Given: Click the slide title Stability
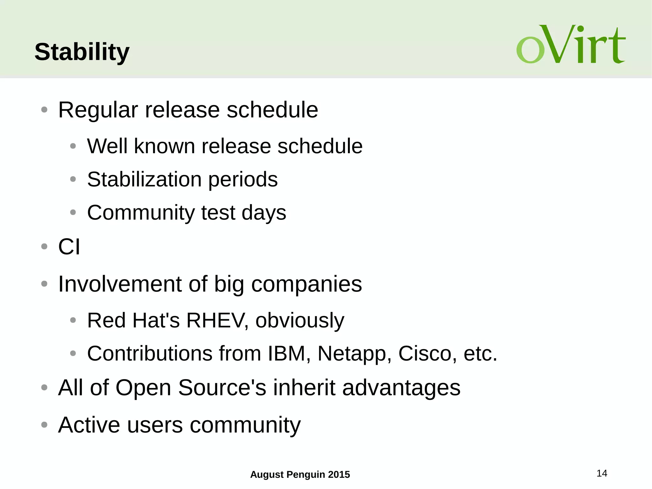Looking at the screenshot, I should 82,52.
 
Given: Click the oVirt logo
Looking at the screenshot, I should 570,45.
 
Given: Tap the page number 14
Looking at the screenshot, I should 601,473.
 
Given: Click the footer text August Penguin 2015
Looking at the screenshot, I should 300,474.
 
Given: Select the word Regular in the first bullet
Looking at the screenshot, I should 98,110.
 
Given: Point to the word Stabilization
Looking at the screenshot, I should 144,179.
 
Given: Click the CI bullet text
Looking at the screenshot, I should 69,247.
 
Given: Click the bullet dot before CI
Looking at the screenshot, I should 44,246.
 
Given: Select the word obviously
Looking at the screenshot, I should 300,321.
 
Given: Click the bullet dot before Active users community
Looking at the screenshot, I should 44,424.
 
